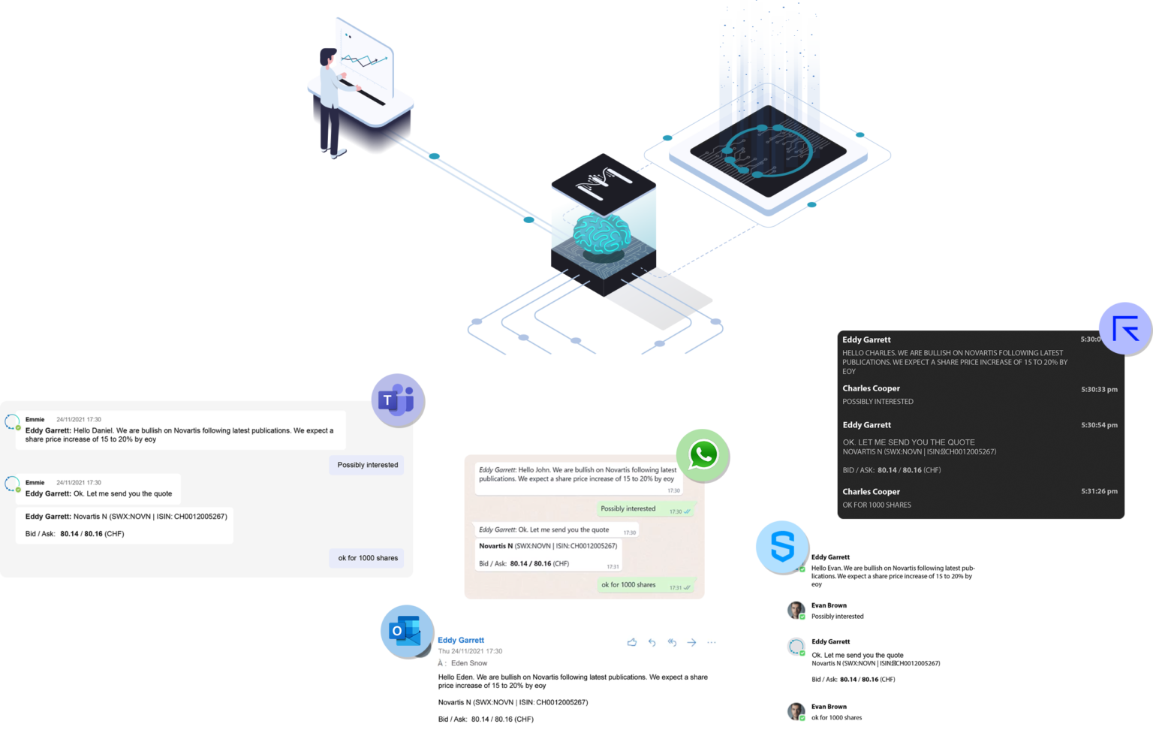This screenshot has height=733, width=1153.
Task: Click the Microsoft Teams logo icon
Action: point(397,400)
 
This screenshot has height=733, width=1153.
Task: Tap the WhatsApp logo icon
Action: point(703,454)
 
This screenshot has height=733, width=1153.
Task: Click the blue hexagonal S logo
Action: point(781,547)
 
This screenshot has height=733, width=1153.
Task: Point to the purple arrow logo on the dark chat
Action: point(1125,328)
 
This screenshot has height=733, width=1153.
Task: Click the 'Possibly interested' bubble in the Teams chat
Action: point(367,465)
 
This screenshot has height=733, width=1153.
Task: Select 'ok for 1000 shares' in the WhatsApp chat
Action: point(628,585)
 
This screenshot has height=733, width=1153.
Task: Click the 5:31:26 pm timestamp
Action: point(1099,492)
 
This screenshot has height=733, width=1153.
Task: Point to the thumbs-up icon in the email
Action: point(632,642)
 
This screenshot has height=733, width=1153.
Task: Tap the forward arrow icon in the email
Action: point(691,642)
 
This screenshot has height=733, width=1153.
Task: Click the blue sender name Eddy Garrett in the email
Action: point(461,641)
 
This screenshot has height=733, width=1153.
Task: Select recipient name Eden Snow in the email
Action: point(469,663)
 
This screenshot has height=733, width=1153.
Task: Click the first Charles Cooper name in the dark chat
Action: point(871,388)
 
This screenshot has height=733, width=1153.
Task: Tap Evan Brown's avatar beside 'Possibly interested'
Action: point(796,610)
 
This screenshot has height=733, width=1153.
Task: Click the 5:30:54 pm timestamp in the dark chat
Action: point(1099,425)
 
